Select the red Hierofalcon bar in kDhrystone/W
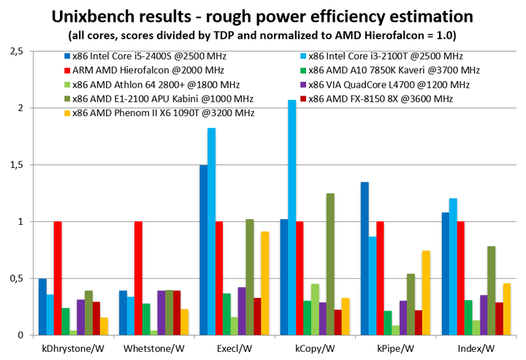(58, 278)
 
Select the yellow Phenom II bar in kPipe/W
(425, 293)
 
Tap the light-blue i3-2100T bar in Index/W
(453, 267)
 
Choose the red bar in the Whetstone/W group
(138, 278)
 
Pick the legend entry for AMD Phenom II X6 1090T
(132, 112)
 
